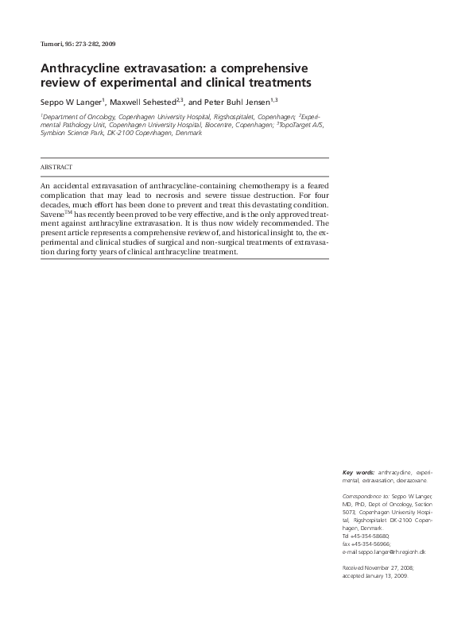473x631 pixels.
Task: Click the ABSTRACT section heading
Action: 56,168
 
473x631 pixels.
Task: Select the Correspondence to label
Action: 366,496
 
